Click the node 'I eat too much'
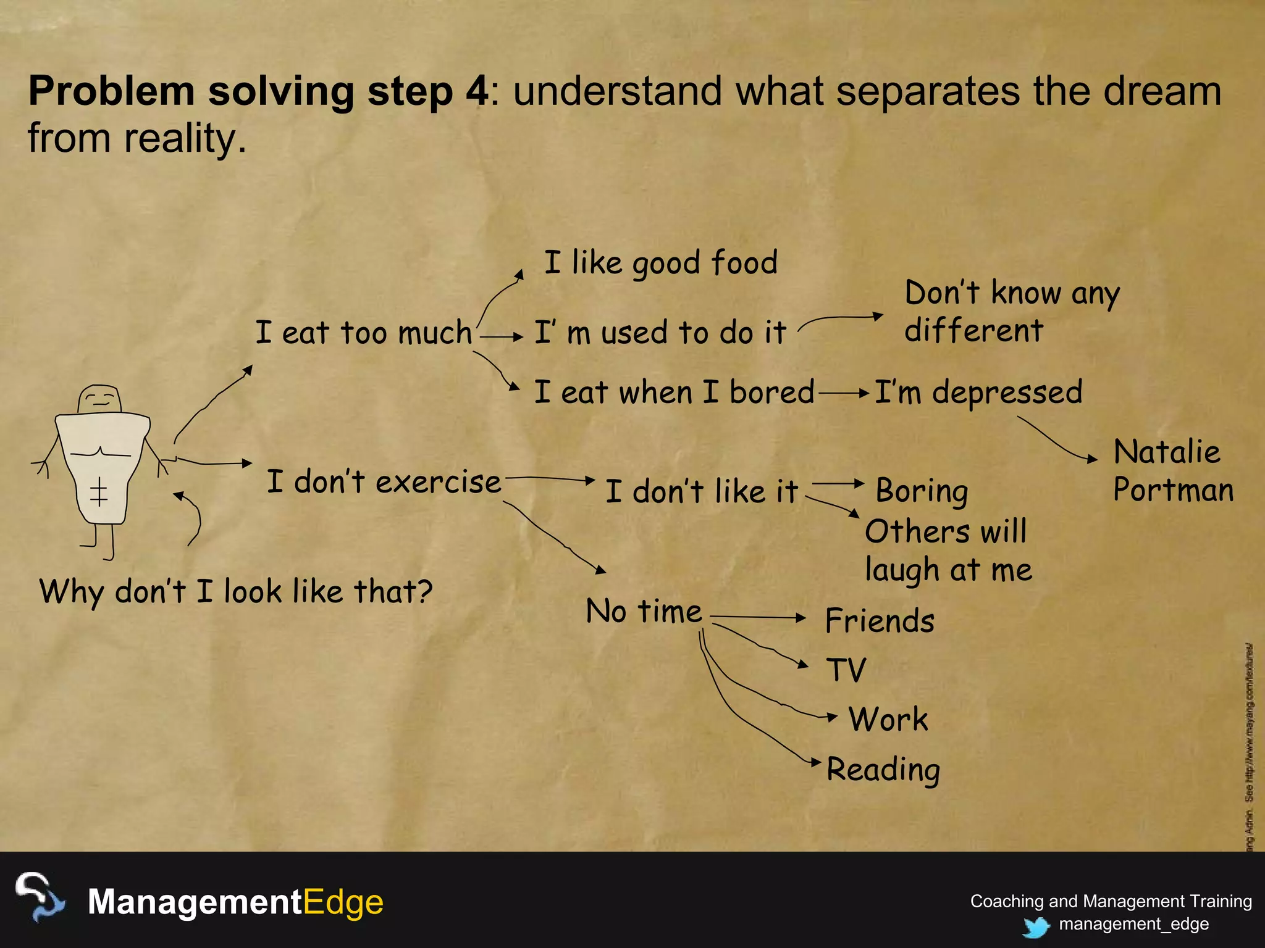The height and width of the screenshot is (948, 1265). coord(364,333)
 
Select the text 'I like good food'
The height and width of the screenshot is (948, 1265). coord(660,263)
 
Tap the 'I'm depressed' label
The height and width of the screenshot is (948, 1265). coord(978,393)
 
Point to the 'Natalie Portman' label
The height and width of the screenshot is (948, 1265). coord(1172,471)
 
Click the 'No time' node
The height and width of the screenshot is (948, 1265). coord(644,612)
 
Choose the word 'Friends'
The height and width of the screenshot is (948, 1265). coord(880,621)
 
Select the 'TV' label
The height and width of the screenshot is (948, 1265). coord(846,670)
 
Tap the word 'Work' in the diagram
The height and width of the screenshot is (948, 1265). coord(888,720)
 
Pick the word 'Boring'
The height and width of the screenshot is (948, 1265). coord(922,492)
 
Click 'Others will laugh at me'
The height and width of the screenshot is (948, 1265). coord(948,551)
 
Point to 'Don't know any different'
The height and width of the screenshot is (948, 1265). coord(1012,312)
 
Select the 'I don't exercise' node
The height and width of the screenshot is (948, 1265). coord(384,482)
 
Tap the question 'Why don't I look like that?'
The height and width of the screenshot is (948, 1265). coord(236,592)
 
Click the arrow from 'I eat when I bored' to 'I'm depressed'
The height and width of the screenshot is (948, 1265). coord(844,393)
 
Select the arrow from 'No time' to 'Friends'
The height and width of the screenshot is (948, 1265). coord(759,617)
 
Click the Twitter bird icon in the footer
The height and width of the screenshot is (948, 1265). coord(1036,926)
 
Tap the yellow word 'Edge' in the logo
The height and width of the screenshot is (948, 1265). coord(343,902)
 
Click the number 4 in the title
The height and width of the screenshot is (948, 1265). coord(476,91)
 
